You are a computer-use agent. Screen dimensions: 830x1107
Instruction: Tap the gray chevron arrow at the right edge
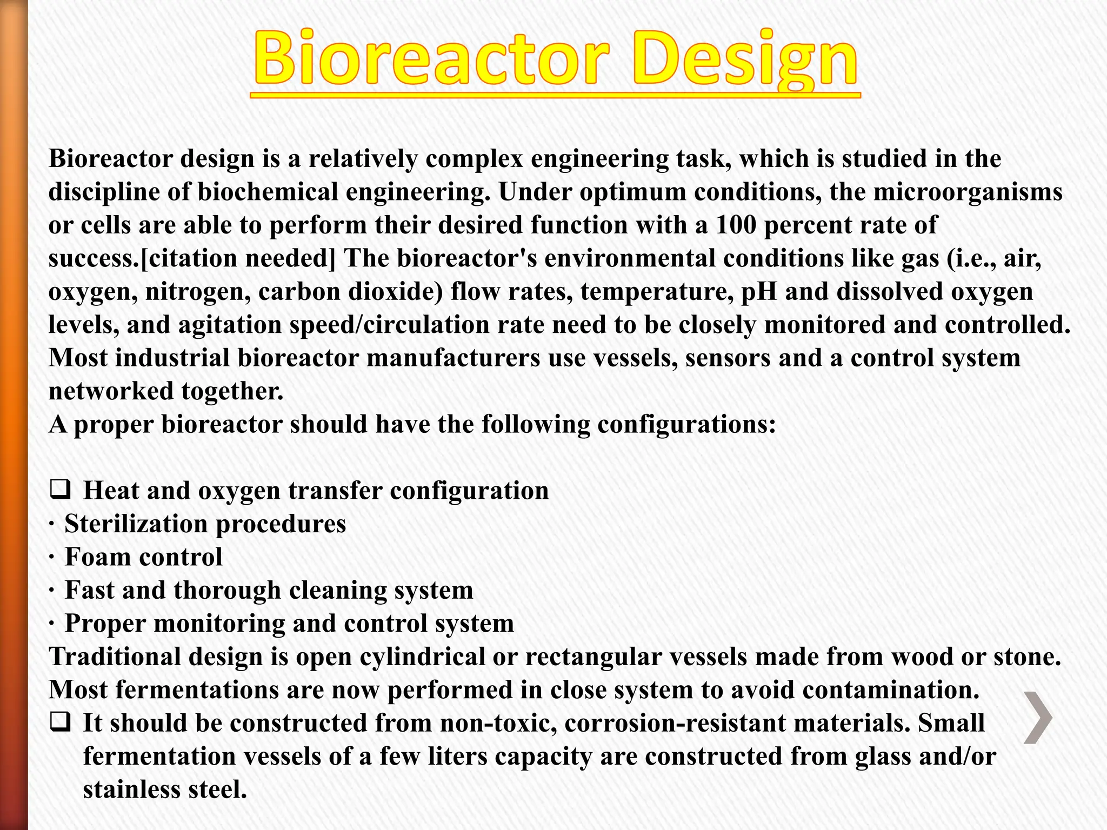tap(1038, 718)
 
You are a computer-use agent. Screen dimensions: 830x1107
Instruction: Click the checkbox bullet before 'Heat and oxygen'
tap(60, 490)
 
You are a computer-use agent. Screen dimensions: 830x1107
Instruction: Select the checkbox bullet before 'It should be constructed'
tap(60, 722)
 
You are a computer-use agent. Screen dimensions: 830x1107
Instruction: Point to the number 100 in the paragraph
tap(736, 225)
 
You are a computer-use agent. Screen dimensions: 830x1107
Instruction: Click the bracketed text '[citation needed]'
tap(238, 258)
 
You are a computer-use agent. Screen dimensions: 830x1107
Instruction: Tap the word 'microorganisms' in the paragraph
tap(968, 192)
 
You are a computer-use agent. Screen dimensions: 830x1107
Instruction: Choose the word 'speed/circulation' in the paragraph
tap(383, 325)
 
